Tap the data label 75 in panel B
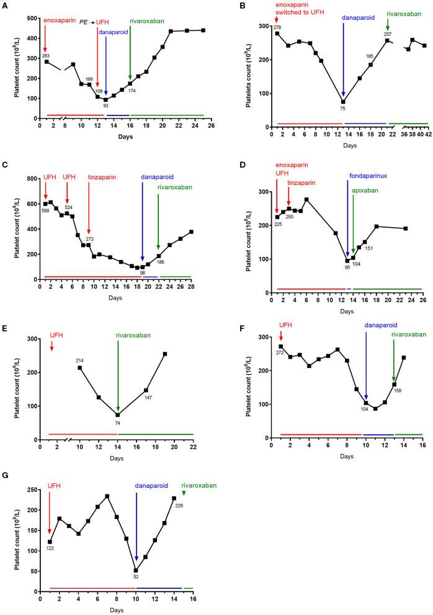tap(343, 109)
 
